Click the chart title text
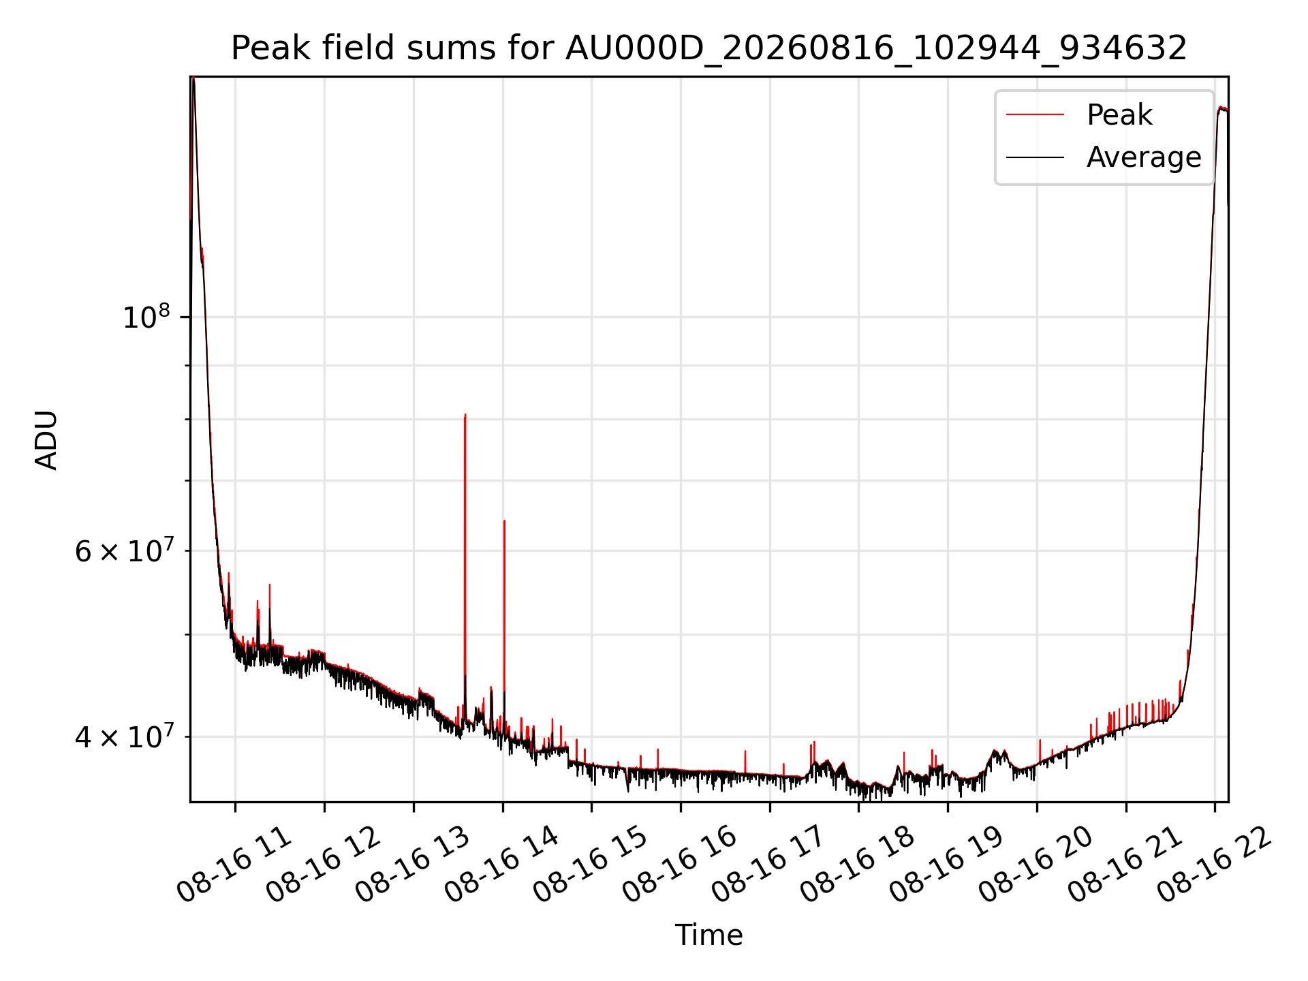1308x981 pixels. pos(709,48)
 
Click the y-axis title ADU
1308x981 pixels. pos(46,440)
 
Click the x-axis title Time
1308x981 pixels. pos(708,935)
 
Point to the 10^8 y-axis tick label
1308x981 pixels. pos(146,317)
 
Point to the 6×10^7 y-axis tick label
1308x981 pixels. pos(125,550)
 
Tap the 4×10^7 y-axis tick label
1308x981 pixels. pos(125,736)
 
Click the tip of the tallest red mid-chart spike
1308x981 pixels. pos(465,414)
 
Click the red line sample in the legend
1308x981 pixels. pos(1035,114)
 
